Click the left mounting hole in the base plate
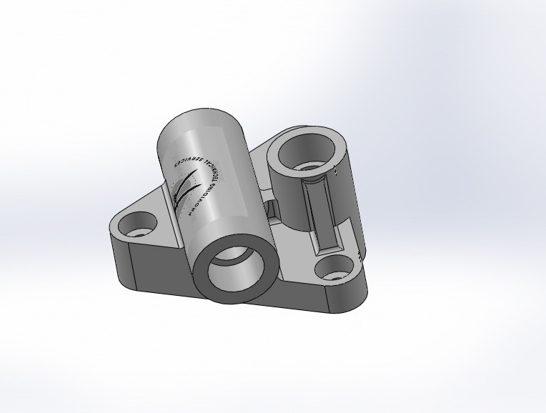coord(137,230)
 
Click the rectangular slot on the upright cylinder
coord(316,211)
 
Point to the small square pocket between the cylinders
coord(272,208)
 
